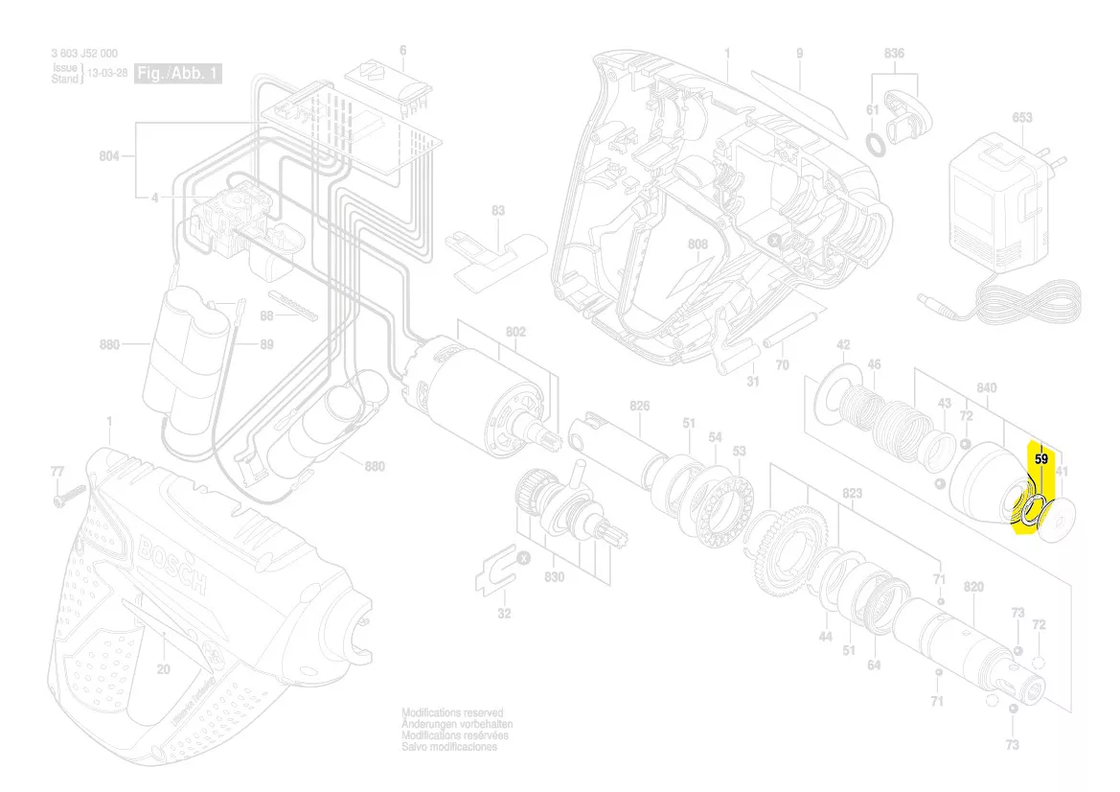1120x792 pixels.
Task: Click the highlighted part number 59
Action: pyautogui.click(x=1041, y=460)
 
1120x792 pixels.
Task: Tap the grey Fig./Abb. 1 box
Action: pyautogui.click(x=179, y=73)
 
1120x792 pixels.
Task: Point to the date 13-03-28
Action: pyautogui.click(x=107, y=73)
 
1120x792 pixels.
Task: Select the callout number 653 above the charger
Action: pyautogui.click(x=1021, y=118)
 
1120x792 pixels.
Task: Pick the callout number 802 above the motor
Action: pyautogui.click(x=515, y=332)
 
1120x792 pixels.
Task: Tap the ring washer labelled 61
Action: pyautogui.click(x=875, y=144)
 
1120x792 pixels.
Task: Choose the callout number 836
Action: pyautogui.click(x=893, y=54)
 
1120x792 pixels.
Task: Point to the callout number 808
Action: pyautogui.click(x=697, y=245)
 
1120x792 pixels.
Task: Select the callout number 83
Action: pyautogui.click(x=497, y=210)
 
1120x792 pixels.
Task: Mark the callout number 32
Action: pyautogui.click(x=504, y=614)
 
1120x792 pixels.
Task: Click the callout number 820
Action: pyautogui.click(x=973, y=587)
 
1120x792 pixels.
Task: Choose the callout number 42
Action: pyautogui.click(x=843, y=345)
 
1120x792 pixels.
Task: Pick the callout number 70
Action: pyautogui.click(x=782, y=365)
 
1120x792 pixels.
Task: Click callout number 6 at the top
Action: pyautogui.click(x=402, y=50)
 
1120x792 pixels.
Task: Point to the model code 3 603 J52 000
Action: pyautogui.click(x=85, y=54)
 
